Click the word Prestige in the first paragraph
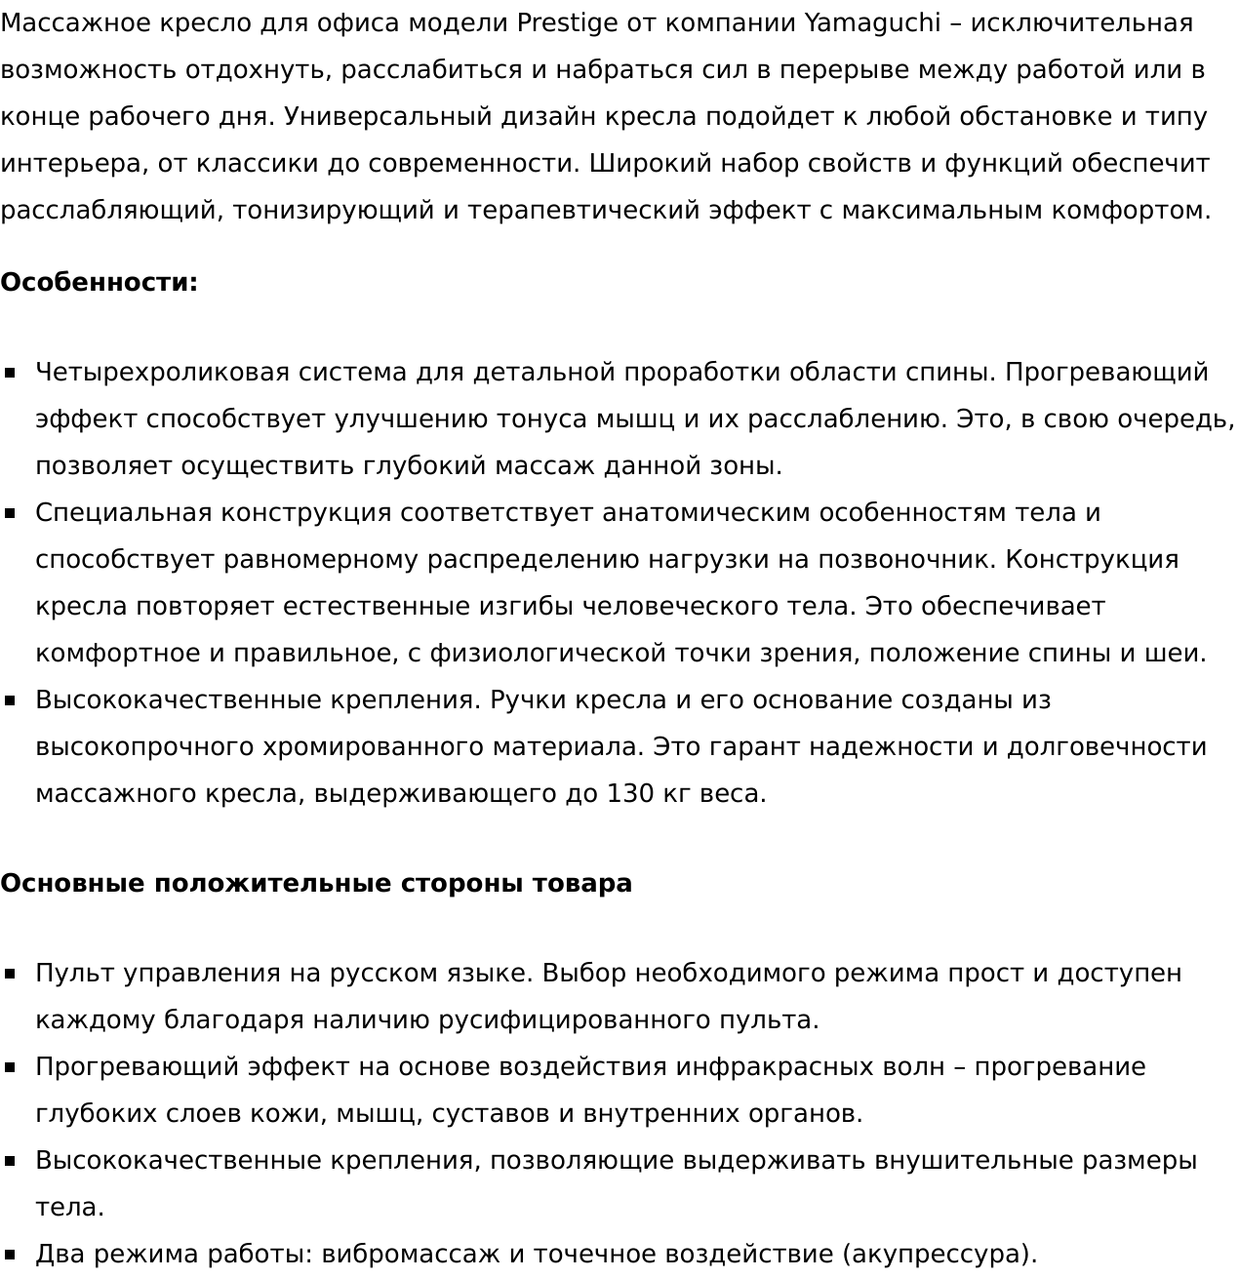click(x=567, y=22)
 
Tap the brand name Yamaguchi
click(x=872, y=22)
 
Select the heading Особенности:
click(x=99, y=283)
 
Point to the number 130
click(x=631, y=794)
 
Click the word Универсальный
click(x=390, y=117)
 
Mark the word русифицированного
click(x=574, y=1020)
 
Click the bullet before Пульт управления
click(x=11, y=974)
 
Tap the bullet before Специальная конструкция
click(x=11, y=513)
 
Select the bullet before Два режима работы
click(x=11, y=1255)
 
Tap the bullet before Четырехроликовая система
click(x=11, y=373)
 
